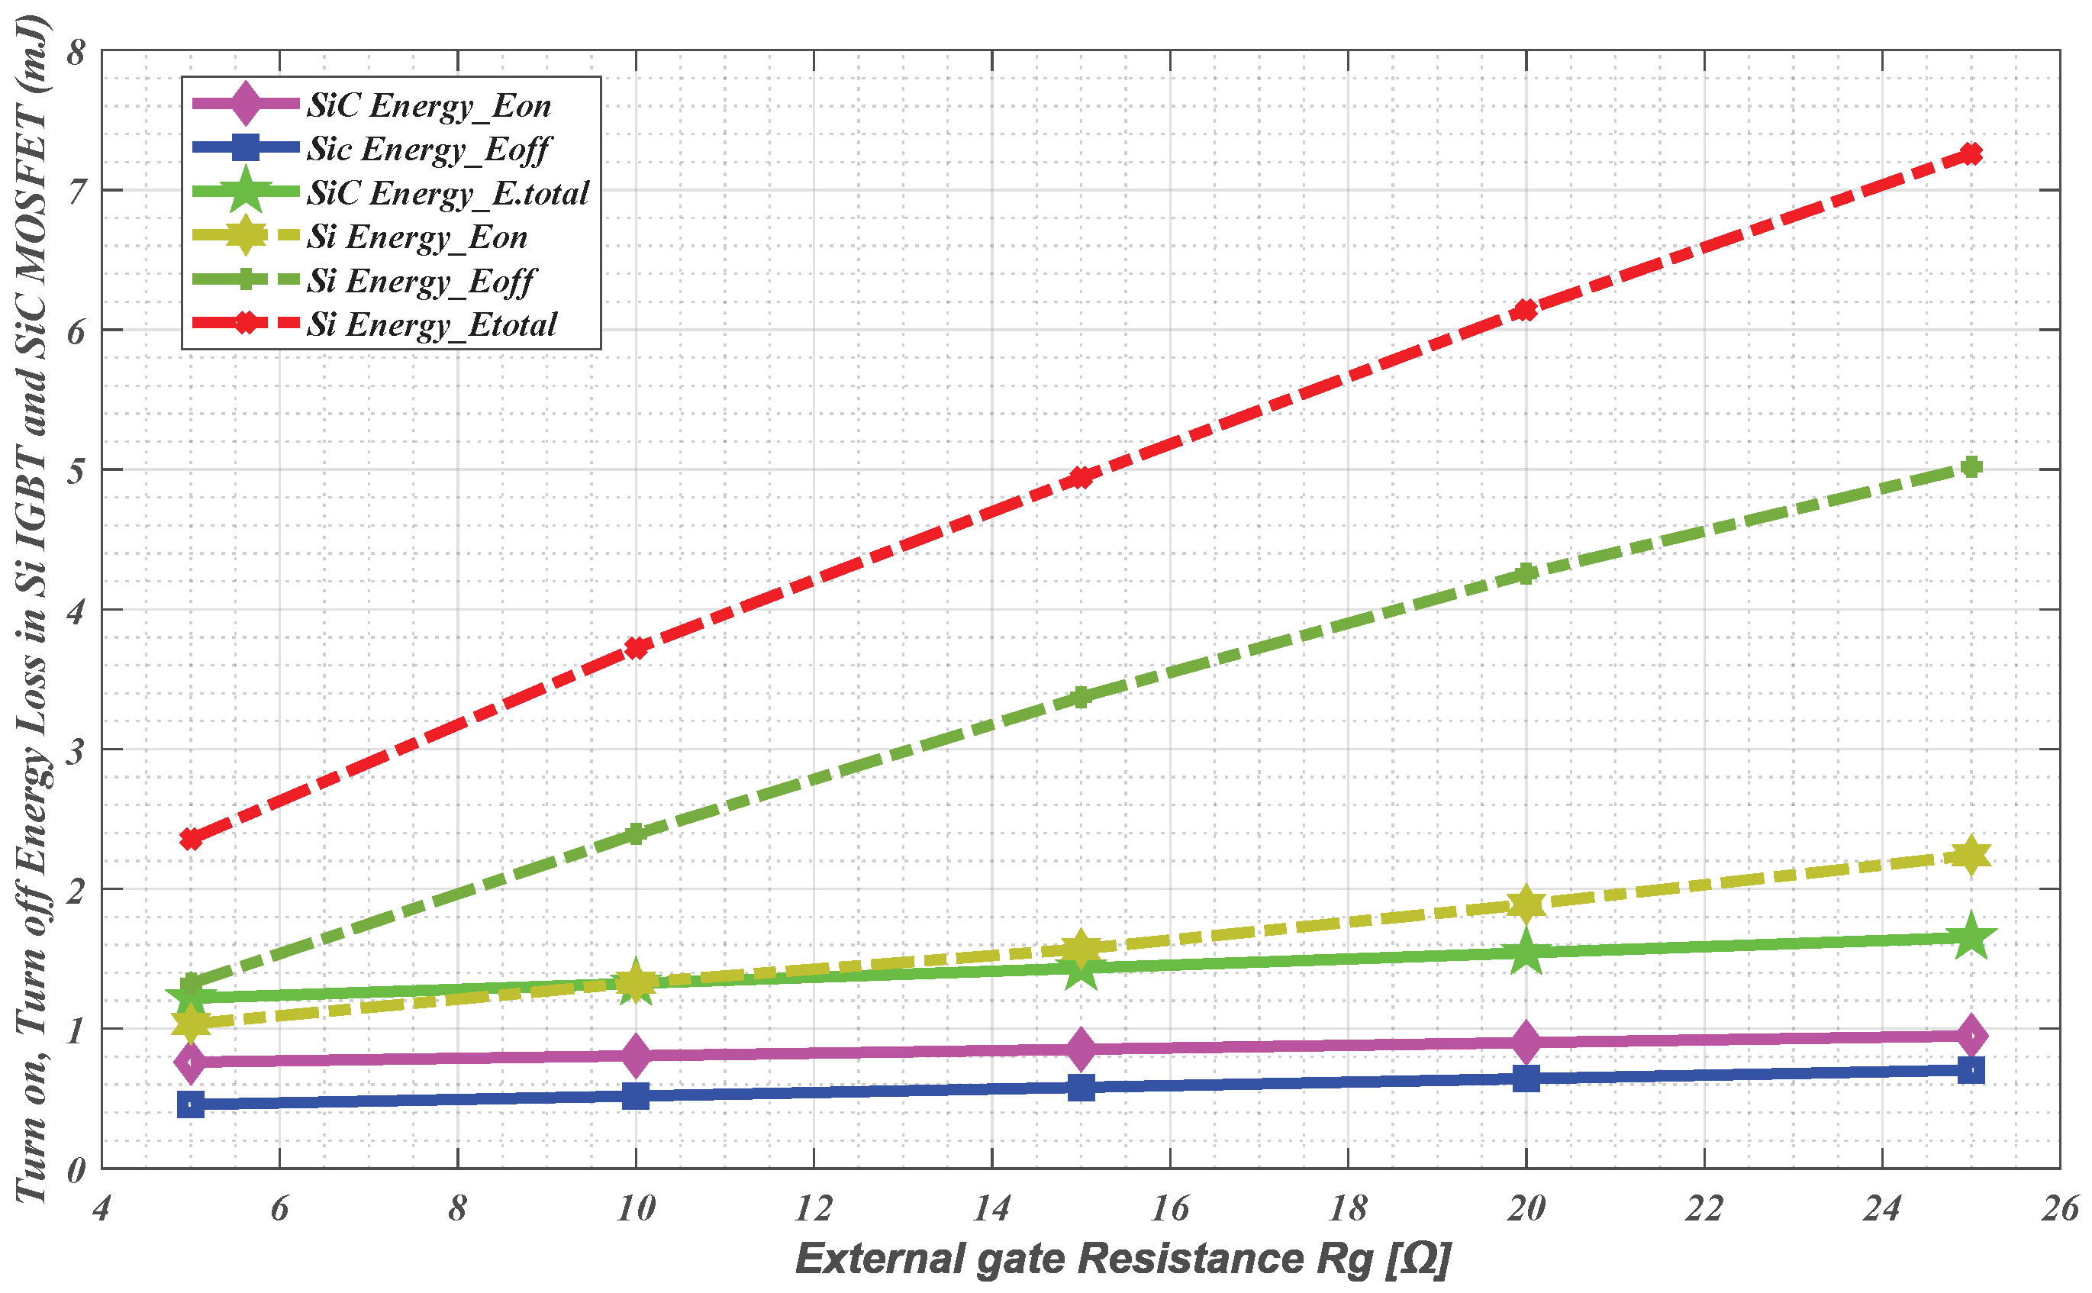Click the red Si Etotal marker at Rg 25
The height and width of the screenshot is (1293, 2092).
tap(1971, 154)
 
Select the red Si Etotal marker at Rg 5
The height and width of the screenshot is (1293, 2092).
tap(191, 839)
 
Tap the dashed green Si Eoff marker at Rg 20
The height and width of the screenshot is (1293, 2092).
tap(1526, 574)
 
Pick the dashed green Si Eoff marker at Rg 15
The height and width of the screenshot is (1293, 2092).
tap(1081, 697)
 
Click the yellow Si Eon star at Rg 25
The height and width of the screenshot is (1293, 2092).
tap(1971, 856)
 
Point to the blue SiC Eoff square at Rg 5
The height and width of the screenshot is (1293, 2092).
tap(191, 1104)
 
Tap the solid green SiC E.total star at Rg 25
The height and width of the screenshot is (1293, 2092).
tap(1971, 937)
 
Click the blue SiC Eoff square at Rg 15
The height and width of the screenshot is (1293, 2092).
tap(1081, 1088)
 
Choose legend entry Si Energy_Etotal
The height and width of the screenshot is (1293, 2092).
tap(432, 324)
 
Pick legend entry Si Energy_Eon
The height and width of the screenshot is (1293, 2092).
tap(417, 237)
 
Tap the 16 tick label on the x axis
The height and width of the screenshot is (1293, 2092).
tap(1169, 1209)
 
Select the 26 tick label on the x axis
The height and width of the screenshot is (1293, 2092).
tap(2059, 1209)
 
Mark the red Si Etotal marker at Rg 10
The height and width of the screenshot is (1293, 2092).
tap(635, 647)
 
